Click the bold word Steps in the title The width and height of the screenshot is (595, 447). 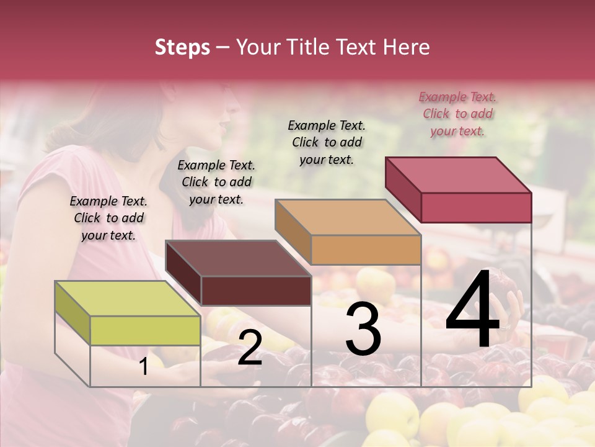182,47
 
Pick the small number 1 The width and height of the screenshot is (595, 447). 144,367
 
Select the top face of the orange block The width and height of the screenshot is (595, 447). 348,217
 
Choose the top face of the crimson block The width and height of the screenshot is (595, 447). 458,175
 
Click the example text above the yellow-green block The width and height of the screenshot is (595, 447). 108,218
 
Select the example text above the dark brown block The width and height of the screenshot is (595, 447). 216,182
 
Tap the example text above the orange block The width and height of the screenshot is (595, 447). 327,142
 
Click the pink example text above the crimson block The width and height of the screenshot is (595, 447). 457,114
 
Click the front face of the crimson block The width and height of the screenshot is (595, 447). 476,207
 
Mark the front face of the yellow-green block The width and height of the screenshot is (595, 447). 145,330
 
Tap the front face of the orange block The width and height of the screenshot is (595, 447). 366,250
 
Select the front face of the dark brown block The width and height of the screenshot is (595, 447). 255,291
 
